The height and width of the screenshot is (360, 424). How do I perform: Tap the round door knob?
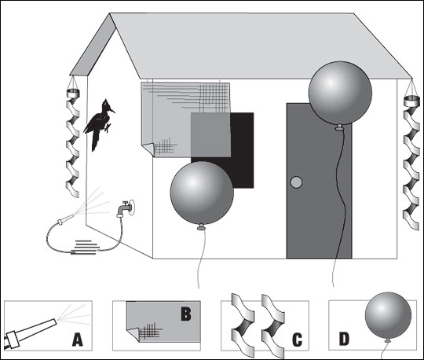point(296,182)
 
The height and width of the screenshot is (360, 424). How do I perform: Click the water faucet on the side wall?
point(126,208)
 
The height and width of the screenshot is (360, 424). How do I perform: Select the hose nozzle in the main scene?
point(65,219)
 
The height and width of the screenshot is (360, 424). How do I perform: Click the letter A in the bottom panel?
point(77,340)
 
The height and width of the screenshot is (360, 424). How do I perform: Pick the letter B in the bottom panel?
point(186,314)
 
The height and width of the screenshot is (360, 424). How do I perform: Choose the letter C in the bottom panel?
point(297,340)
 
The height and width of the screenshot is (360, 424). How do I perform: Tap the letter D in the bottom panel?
point(344,339)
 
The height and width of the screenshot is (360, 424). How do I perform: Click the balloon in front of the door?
point(340,93)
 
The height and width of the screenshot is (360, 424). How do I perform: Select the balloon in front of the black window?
point(202,193)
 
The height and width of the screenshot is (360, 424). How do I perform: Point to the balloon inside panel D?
point(388,315)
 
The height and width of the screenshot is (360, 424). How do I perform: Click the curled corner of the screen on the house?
point(148,149)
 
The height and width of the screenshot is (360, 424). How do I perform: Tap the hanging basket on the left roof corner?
point(73,94)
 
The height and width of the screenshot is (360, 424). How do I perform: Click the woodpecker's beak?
point(112,110)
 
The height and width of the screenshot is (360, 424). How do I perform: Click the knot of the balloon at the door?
point(338,128)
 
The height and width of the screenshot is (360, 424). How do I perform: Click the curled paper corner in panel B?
point(133,335)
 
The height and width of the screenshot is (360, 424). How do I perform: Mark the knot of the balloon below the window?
point(201,227)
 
